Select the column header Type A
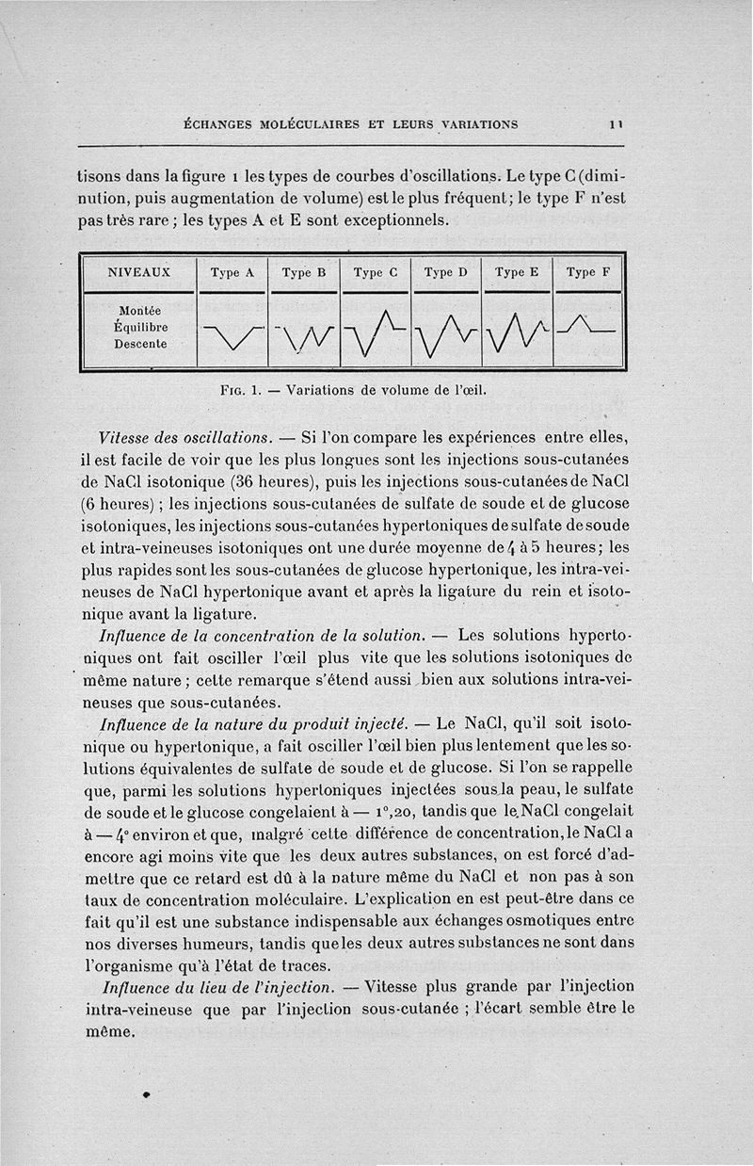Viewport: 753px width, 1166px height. coord(232,273)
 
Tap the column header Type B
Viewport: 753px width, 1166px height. coord(303,273)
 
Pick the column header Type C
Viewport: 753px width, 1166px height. coord(376,273)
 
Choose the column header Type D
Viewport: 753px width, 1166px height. coord(446,273)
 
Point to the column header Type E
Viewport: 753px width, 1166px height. coord(517,273)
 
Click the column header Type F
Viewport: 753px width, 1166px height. coord(588,273)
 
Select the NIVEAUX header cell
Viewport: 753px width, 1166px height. coord(139,273)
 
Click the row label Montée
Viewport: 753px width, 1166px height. coord(140,311)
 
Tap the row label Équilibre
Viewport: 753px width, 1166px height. coord(140,327)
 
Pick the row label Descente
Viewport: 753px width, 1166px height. coord(140,343)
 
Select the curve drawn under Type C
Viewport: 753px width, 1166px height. coord(376,334)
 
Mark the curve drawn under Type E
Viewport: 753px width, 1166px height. coord(517,334)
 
